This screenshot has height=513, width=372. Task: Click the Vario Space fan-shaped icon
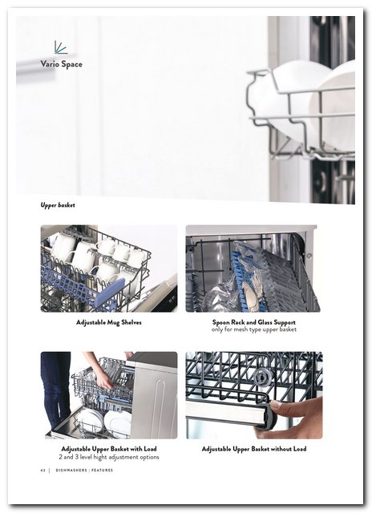pyautogui.click(x=60, y=47)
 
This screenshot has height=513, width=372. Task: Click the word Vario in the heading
pyautogui.click(x=50, y=63)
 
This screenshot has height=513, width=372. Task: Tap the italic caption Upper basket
pyautogui.click(x=58, y=205)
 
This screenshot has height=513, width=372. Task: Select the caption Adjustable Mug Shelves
pyautogui.click(x=109, y=322)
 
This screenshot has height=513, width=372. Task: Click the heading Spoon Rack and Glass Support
pyautogui.click(x=254, y=322)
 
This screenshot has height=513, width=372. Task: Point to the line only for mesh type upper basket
pyautogui.click(x=254, y=329)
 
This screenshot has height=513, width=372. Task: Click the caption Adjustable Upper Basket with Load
pyautogui.click(x=109, y=449)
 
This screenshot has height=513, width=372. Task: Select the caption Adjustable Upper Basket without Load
pyautogui.click(x=254, y=449)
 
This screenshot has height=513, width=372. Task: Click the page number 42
pyautogui.click(x=42, y=471)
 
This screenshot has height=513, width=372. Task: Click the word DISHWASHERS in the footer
pyautogui.click(x=71, y=471)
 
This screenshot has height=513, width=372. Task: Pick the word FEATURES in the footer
pyautogui.click(x=102, y=471)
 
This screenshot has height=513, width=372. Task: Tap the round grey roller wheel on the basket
pyautogui.click(x=261, y=376)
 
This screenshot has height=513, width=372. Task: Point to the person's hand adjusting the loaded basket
pyautogui.click(x=105, y=380)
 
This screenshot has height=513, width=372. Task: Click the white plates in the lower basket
pyautogui.click(x=104, y=422)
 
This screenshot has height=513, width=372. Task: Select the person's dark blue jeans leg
pyautogui.click(x=56, y=390)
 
